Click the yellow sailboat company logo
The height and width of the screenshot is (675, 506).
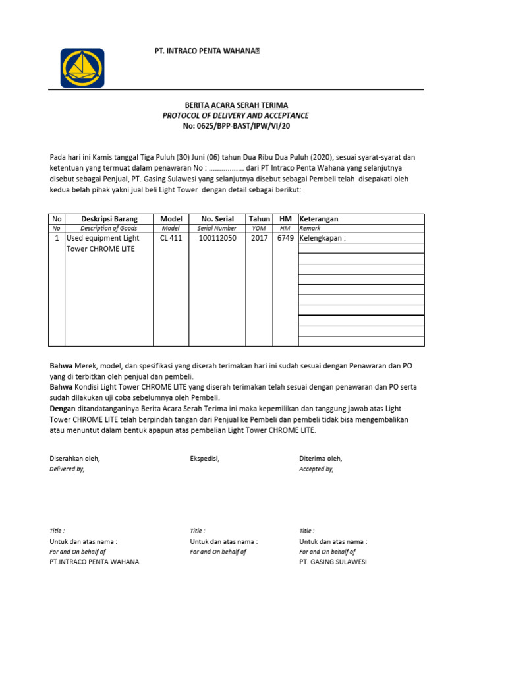click(82, 68)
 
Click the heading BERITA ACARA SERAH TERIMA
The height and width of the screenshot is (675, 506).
click(236, 105)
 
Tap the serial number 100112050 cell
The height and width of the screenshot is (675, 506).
click(217, 238)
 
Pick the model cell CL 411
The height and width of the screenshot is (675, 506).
click(171, 238)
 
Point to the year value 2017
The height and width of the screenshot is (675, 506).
click(260, 238)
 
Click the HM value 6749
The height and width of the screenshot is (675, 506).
click(285, 238)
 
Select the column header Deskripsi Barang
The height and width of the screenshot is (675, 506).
click(109, 219)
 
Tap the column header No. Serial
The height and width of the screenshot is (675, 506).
click(217, 219)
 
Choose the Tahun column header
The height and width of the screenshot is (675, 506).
click(260, 219)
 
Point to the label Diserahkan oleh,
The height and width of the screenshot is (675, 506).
click(75, 458)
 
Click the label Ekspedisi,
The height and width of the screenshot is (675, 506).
click(204, 458)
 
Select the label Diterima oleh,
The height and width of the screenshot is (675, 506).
click(321, 458)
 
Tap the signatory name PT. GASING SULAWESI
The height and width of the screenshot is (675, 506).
click(333, 562)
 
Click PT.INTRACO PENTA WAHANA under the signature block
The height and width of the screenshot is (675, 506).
click(94, 562)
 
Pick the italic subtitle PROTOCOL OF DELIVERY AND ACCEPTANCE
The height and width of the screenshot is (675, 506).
click(236, 115)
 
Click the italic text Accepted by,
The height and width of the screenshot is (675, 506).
click(316, 469)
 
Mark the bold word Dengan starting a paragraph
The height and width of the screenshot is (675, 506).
click(62, 409)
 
